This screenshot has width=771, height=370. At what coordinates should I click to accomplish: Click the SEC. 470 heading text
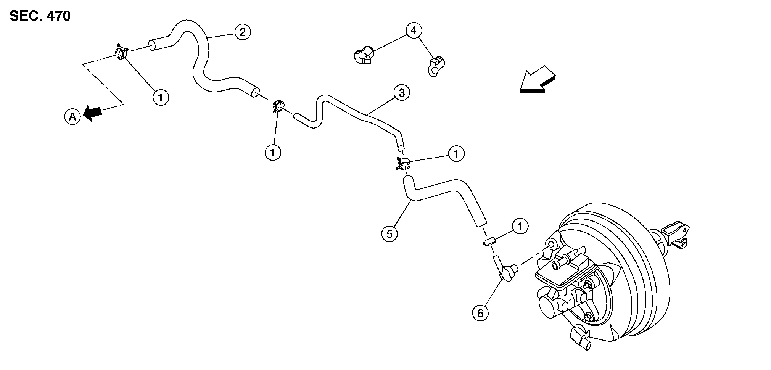[x=40, y=16]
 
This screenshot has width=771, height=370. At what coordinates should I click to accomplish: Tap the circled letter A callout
[x=72, y=117]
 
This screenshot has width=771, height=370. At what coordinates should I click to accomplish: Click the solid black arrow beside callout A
[x=93, y=113]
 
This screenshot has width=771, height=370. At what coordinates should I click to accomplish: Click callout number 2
[x=243, y=32]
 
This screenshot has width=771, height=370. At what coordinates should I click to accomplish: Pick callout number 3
[x=402, y=93]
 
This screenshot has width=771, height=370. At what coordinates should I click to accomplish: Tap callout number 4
[x=414, y=30]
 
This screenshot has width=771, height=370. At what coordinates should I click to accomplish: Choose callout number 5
[x=389, y=233]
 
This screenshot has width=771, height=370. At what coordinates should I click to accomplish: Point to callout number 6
[x=480, y=313]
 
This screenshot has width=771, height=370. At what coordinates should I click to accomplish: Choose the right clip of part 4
[x=436, y=66]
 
